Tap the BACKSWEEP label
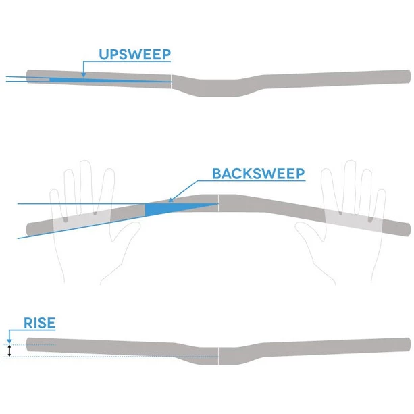(259, 173)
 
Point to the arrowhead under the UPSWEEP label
(83, 74)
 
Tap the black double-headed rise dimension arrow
(9, 351)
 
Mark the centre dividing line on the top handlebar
(172, 82)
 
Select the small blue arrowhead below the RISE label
(9, 341)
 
